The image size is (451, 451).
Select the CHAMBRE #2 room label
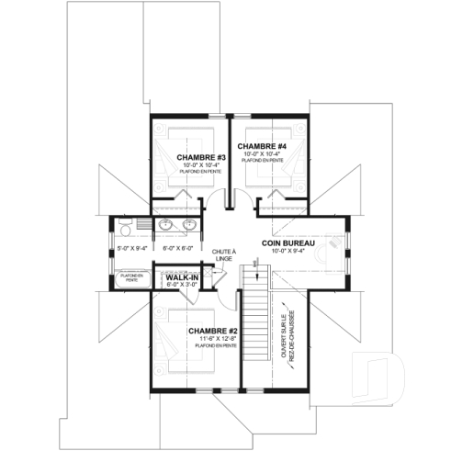213,330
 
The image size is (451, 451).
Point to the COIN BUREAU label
288,242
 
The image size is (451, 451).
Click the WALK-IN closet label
183,277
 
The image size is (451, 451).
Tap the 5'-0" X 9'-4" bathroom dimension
131,248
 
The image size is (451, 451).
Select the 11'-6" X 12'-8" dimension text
213,338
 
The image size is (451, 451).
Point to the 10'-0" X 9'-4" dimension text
288,251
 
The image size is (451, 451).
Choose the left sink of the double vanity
166,225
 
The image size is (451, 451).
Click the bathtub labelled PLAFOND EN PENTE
132,277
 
